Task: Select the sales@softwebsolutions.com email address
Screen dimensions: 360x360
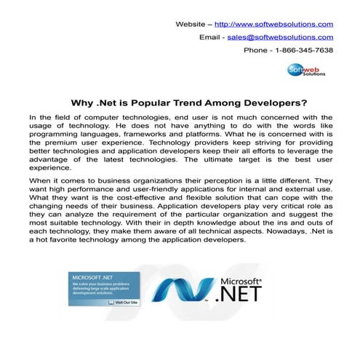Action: pos(280,37)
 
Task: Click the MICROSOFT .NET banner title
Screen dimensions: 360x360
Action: pos(90,277)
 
